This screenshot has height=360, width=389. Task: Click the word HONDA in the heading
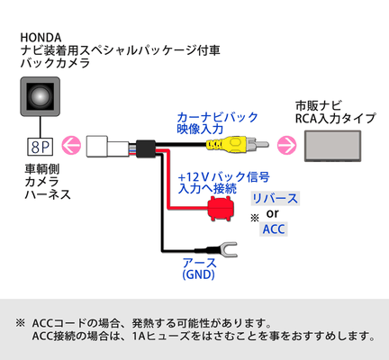point(41,38)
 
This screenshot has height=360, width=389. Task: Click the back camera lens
point(41,96)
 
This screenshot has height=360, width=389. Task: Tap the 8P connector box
point(41,147)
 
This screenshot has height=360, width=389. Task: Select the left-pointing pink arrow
point(71,146)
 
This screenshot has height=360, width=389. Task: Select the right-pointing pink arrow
point(286,145)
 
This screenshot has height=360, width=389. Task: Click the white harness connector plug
point(108,146)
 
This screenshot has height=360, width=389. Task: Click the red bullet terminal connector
point(222,209)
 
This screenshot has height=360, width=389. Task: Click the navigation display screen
point(333,146)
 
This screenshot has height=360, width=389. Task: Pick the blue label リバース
point(275,199)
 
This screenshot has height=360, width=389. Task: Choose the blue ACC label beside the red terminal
point(274,229)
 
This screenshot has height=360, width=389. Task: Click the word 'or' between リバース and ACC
point(272,213)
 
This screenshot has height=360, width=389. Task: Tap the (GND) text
point(198,274)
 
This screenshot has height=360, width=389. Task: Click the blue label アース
point(199,263)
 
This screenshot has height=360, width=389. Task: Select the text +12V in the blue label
point(193,177)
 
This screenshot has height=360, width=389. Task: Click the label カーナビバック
point(217,117)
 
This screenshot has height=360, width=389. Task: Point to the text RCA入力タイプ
point(335,119)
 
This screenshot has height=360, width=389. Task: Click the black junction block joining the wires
point(146,148)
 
